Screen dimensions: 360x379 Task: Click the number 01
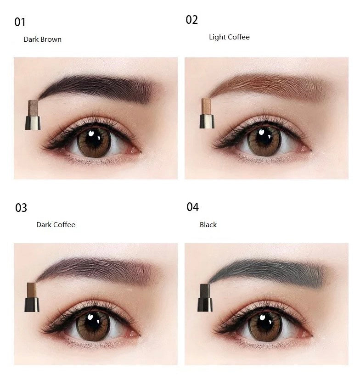(20, 22)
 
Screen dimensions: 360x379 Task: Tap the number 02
(192, 20)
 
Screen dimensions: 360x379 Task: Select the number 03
(21, 208)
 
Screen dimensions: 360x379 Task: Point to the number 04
(192, 207)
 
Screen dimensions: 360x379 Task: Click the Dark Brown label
(42, 39)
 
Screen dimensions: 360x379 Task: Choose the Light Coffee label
(229, 37)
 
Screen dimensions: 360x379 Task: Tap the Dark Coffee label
(56, 225)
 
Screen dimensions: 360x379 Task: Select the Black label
(208, 225)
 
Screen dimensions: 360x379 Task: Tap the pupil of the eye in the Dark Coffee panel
(93, 322)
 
